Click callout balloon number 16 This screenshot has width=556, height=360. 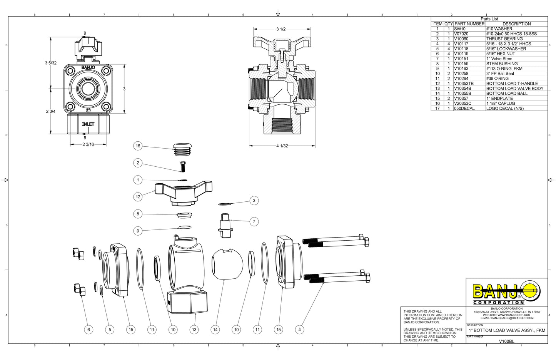[138, 146]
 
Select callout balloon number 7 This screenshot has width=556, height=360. [254, 221]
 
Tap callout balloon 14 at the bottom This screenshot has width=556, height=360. [215, 330]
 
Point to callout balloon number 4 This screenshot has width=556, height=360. [299, 330]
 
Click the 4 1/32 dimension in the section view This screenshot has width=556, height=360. [282, 146]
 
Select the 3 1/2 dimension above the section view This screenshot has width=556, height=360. [281, 29]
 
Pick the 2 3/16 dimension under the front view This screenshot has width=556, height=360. [88, 144]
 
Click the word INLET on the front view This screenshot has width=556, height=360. [88, 124]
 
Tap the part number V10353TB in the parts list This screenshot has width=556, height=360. [464, 84]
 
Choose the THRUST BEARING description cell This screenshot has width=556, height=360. [504, 39]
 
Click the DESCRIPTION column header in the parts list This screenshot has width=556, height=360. [516, 24]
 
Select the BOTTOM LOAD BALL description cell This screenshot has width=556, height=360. [507, 94]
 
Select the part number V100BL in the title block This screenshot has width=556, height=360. [506, 341]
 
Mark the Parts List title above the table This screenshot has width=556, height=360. [489, 19]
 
